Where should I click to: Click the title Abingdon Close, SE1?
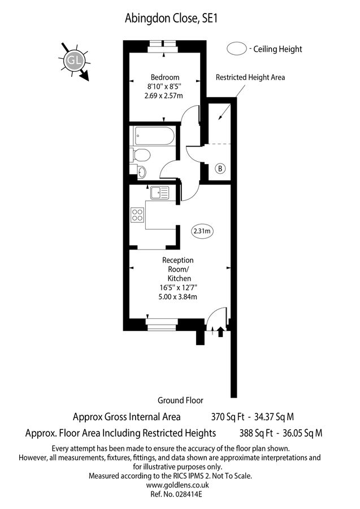pyautogui.click(x=171, y=18)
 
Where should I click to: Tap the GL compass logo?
pyautogui.click(x=73, y=60)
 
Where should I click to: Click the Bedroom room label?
pyautogui.click(x=164, y=77)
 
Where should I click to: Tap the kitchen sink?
pyautogui.click(x=155, y=192)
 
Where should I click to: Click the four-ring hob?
pyautogui.click(x=137, y=214)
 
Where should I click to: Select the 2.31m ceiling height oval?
pyautogui.click(x=203, y=231)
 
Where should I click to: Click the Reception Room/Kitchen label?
pyautogui.click(x=177, y=269)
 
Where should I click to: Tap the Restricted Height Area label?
pyautogui.click(x=250, y=77)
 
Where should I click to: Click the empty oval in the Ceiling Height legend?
pyautogui.click(x=236, y=49)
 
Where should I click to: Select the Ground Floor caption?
pyautogui.click(x=180, y=400)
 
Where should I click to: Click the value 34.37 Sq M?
pyautogui.click(x=274, y=417)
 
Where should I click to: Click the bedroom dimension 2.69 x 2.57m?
pyautogui.click(x=164, y=96)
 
